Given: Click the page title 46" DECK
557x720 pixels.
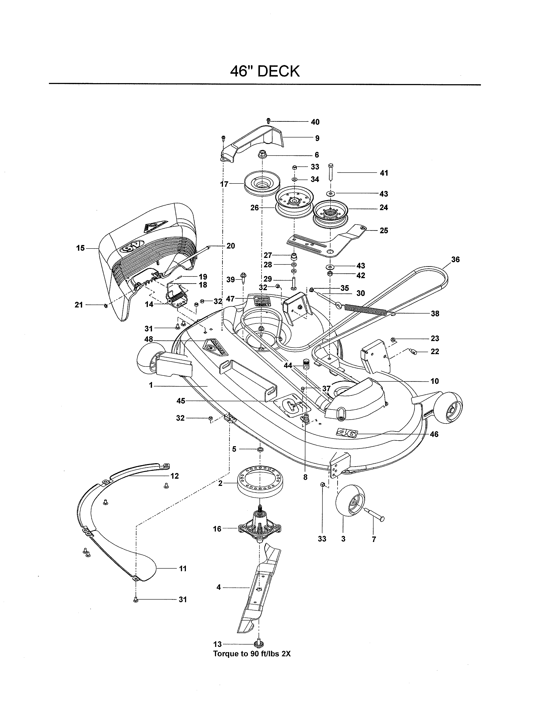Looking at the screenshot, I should (x=265, y=71).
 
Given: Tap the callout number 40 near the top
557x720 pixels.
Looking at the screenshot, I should (x=315, y=122).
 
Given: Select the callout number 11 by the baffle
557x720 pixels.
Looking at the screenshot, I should (x=182, y=568).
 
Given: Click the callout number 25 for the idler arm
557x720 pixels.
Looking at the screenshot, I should (x=383, y=230).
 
